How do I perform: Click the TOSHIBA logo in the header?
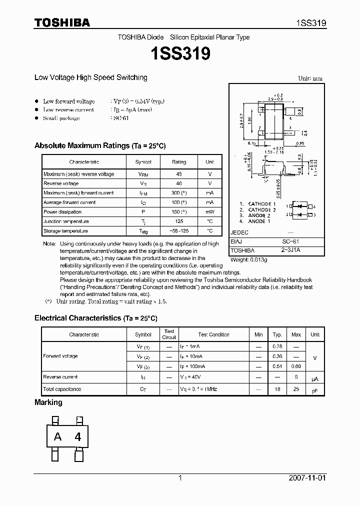(62, 22)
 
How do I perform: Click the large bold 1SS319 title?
(180, 53)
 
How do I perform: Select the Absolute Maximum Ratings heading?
(100, 145)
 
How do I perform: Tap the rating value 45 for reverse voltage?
(179, 174)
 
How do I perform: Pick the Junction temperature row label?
(66, 221)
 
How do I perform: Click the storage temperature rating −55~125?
(179, 231)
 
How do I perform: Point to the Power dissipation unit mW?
(209, 212)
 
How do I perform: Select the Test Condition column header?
(213, 334)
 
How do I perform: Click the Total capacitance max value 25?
(296, 389)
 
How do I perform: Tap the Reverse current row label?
(60, 377)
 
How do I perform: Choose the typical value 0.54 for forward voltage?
(277, 366)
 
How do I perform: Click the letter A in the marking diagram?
(58, 436)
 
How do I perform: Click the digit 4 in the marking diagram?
(77, 436)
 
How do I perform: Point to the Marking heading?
(48, 402)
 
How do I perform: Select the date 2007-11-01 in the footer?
(307, 478)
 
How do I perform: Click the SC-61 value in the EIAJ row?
(290, 241)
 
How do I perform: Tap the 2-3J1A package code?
(290, 250)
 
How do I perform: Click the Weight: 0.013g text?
(249, 260)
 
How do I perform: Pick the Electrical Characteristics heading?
(96, 318)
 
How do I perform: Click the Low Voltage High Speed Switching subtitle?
(91, 77)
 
